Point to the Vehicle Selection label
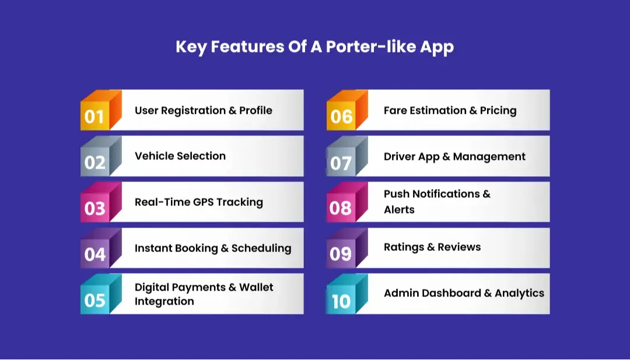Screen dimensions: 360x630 180,156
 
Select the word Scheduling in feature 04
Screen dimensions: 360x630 261,248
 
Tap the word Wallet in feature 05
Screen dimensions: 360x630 256,287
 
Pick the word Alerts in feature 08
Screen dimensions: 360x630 399,209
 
